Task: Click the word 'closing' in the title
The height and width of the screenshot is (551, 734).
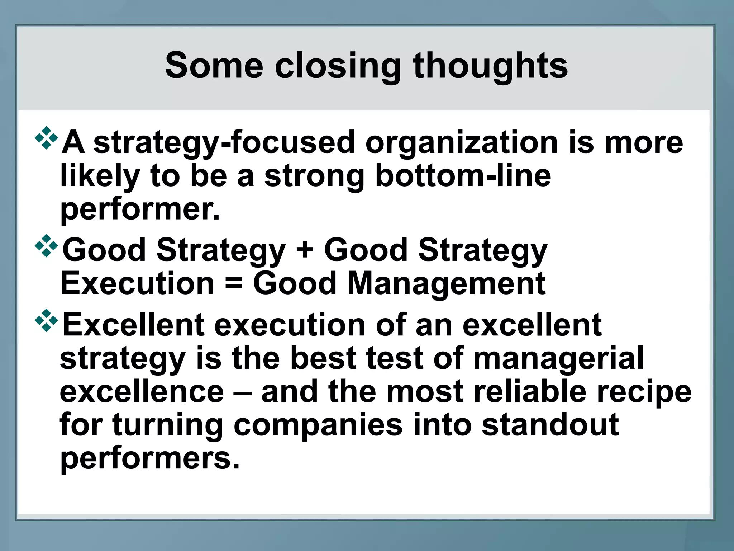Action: pyautogui.click(x=338, y=66)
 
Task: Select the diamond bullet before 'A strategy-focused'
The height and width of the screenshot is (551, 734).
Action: pyautogui.click(x=46, y=138)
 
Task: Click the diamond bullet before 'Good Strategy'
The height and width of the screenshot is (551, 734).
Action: pyautogui.click(x=46, y=246)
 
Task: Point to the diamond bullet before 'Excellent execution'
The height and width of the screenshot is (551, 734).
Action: pyautogui.click(x=46, y=320)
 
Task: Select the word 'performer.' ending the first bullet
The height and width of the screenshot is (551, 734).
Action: pyautogui.click(x=140, y=210)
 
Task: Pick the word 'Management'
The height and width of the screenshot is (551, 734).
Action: pyautogui.click(x=446, y=283)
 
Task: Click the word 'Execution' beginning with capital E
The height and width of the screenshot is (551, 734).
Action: pyautogui.click(x=137, y=283)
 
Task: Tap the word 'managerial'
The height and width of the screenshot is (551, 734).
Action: pyautogui.click(x=558, y=359)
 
